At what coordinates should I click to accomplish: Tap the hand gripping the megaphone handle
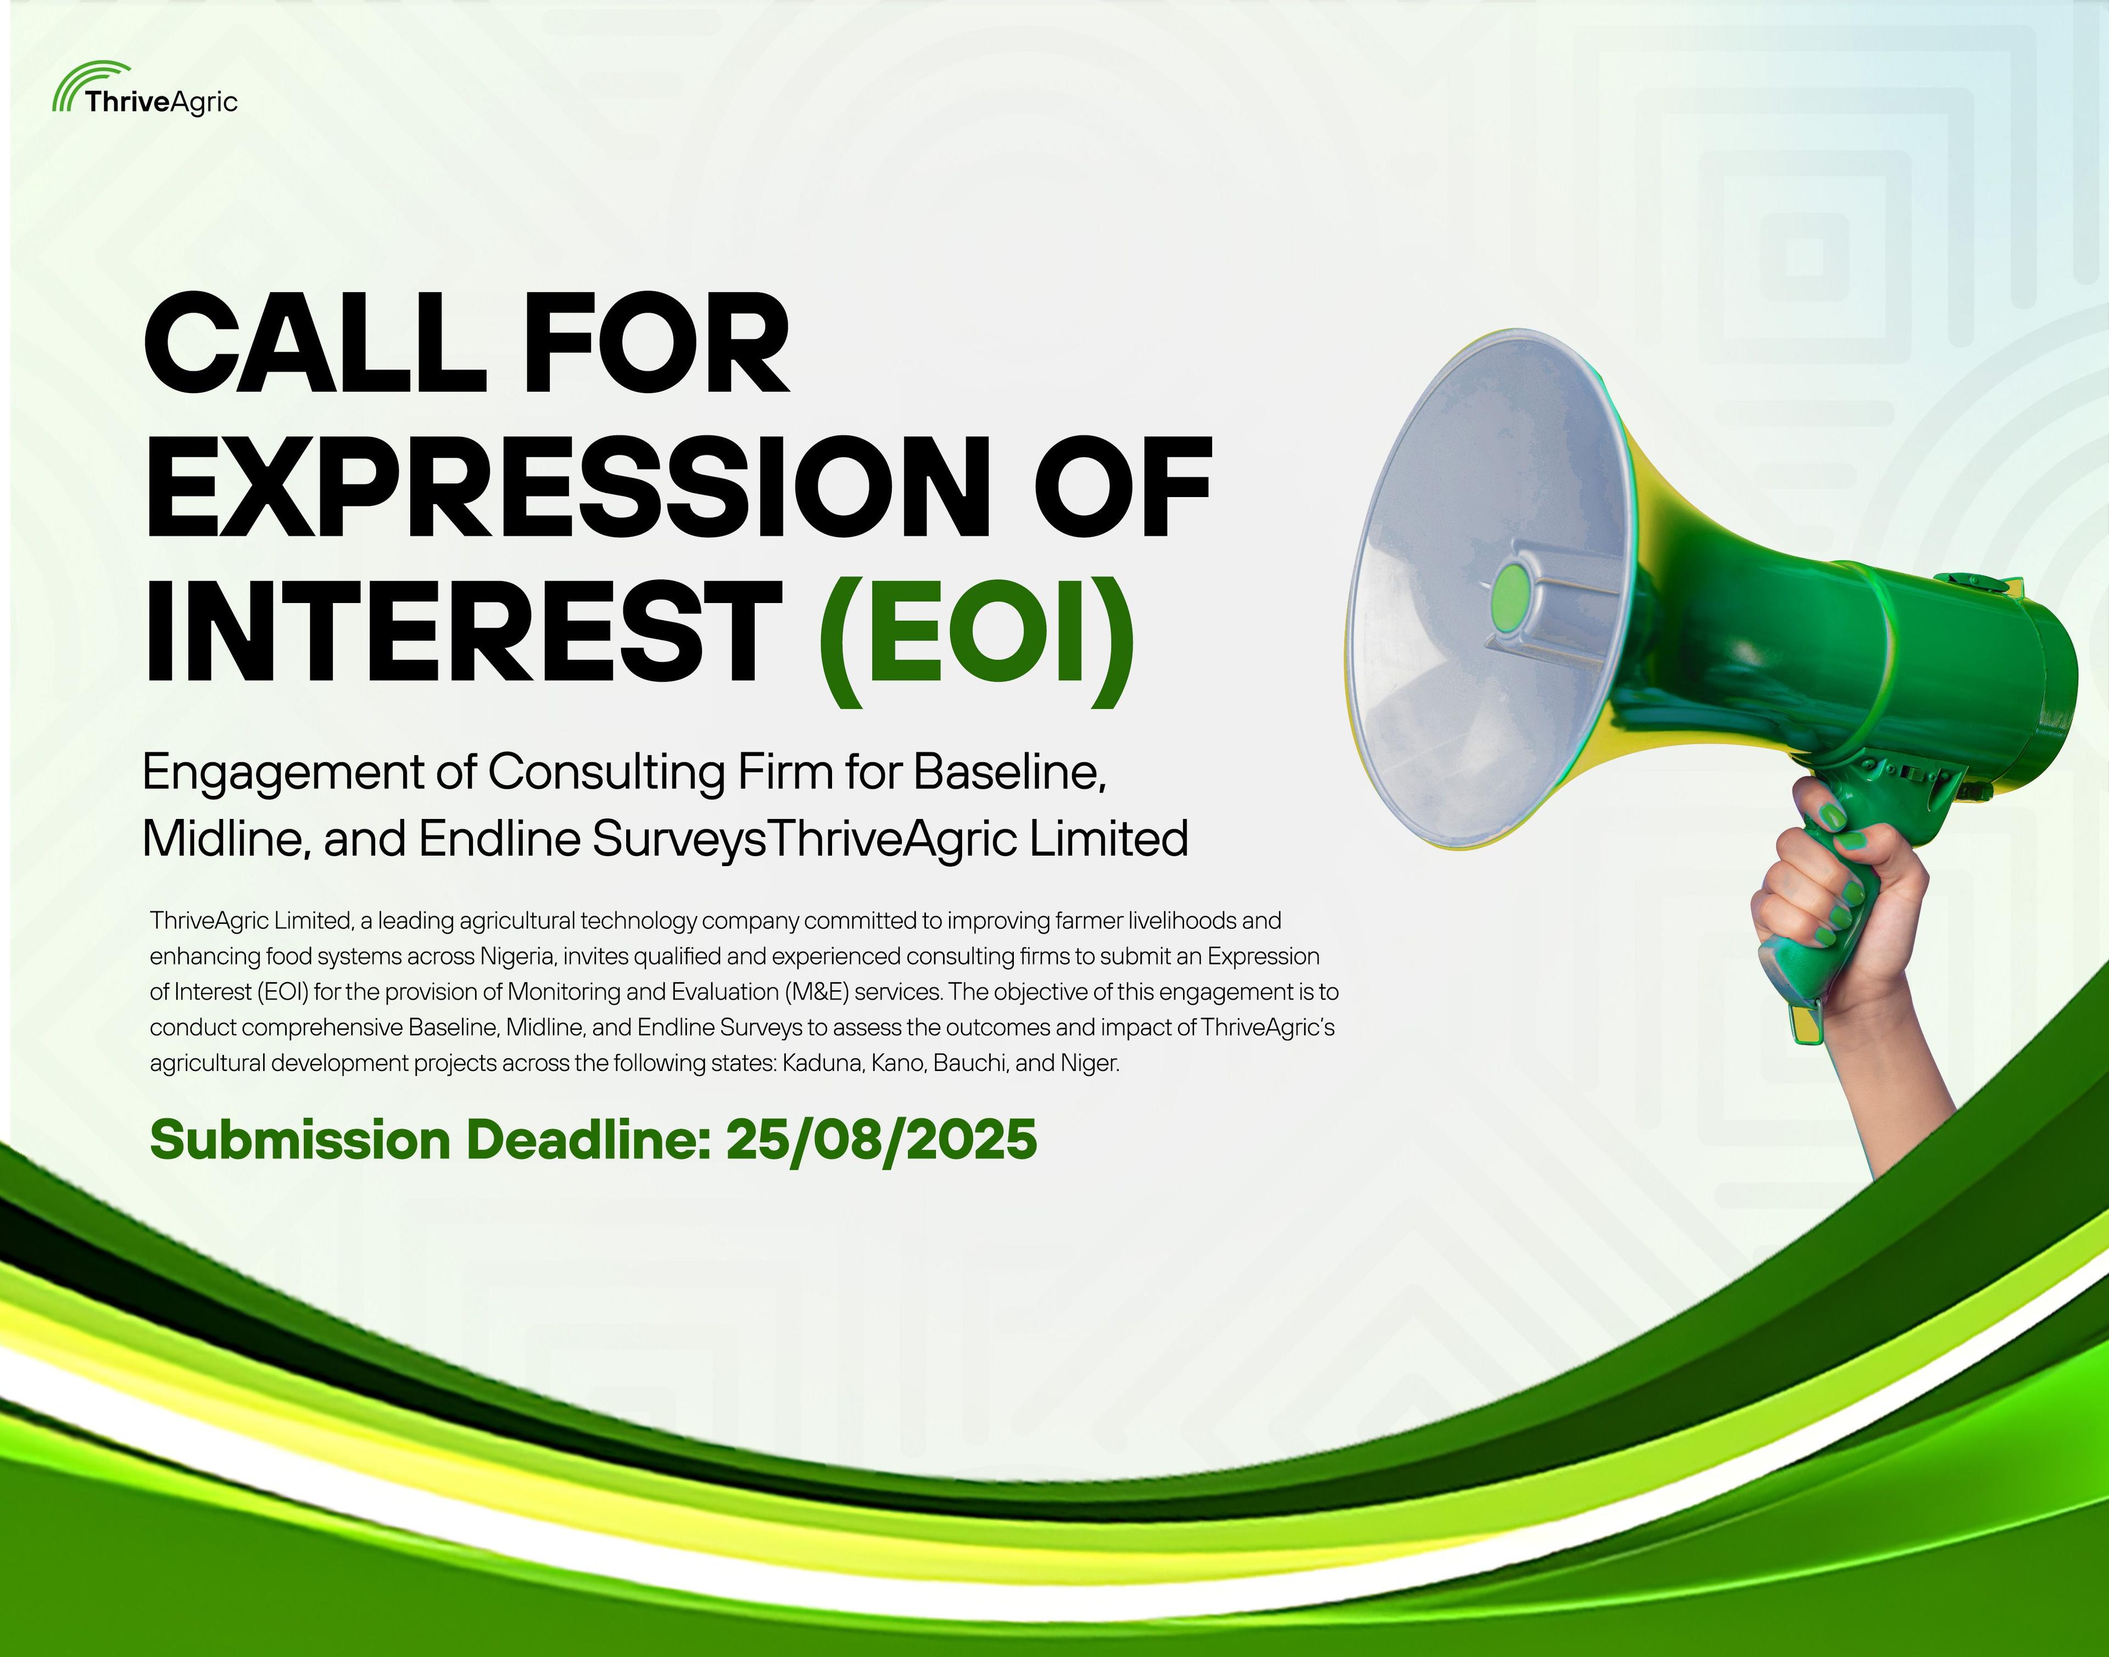point(1824,902)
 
